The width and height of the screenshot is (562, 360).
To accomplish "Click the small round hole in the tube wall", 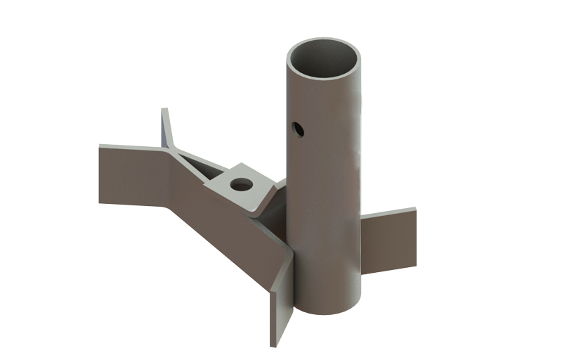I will (298, 129).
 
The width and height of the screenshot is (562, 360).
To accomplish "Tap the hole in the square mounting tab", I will (242, 185).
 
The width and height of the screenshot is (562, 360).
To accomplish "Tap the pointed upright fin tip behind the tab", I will (164, 111).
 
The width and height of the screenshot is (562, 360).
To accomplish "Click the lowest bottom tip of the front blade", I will (271, 345).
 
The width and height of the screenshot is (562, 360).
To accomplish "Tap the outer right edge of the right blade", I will (415, 237).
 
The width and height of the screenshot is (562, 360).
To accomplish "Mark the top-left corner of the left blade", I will (100, 146).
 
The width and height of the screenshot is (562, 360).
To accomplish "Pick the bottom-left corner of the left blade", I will (100, 202).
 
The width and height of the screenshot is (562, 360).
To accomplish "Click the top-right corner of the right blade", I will (414, 209).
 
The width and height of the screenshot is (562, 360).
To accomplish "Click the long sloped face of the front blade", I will (225, 225).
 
